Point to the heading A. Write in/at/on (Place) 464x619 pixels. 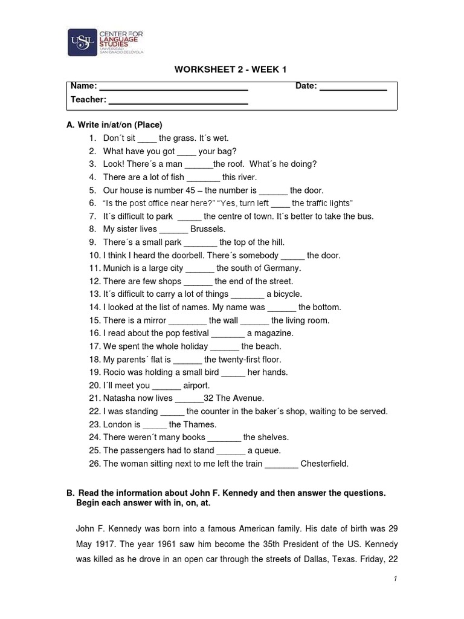(x=114, y=125)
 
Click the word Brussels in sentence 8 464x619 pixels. (x=207, y=229)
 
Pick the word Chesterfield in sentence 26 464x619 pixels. (x=324, y=464)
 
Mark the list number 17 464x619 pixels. (x=94, y=347)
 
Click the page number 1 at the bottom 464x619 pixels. (x=395, y=579)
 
